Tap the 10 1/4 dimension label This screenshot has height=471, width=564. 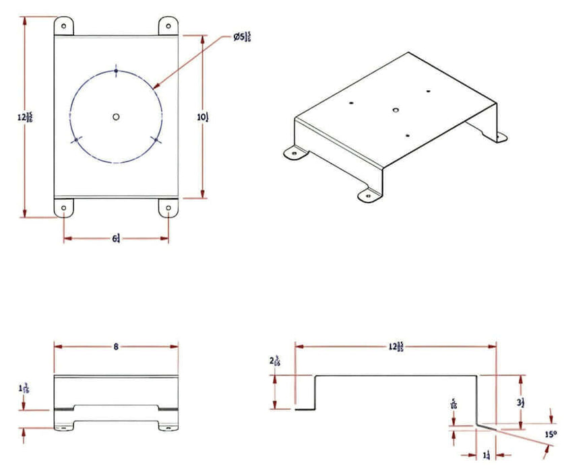203,117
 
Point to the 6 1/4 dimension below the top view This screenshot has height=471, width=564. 117,238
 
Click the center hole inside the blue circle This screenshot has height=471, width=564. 116,117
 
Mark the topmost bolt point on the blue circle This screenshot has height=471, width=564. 116,71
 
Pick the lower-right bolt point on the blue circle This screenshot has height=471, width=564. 156,140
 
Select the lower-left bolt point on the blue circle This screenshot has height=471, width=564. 75,140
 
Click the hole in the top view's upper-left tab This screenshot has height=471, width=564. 64,26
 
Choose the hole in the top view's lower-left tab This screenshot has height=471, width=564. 64,209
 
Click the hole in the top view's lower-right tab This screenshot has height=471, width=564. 168,209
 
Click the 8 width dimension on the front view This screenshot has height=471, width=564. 116,347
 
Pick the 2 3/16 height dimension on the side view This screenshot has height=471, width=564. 274,361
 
